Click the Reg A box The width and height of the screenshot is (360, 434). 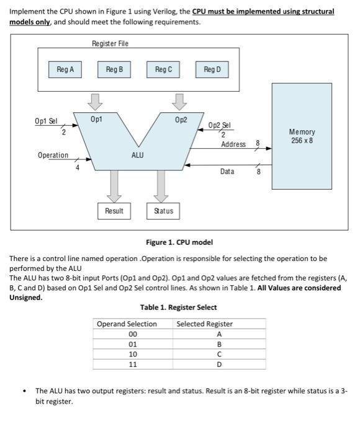coord(65,70)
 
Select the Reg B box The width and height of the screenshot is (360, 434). coord(114,70)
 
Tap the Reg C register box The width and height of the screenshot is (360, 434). coord(163,70)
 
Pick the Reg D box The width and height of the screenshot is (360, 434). coord(212,70)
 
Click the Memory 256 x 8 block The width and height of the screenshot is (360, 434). coord(302,136)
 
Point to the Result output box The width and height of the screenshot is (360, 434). coord(114,211)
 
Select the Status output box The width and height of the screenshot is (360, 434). coord(163,211)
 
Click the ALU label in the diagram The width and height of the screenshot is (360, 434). coord(138,155)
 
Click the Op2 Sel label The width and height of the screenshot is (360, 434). coord(219,125)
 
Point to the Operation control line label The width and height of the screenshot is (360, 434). coord(53,155)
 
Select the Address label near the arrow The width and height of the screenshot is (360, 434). coord(233,144)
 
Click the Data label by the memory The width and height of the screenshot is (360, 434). coord(227,171)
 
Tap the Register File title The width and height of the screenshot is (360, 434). coord(110,43)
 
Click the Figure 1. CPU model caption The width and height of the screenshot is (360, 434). coord(179,242)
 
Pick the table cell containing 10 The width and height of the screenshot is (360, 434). coord(132,354)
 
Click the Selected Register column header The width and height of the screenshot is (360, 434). coord(205,324)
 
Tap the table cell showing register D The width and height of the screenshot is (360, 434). coord(219,364)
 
